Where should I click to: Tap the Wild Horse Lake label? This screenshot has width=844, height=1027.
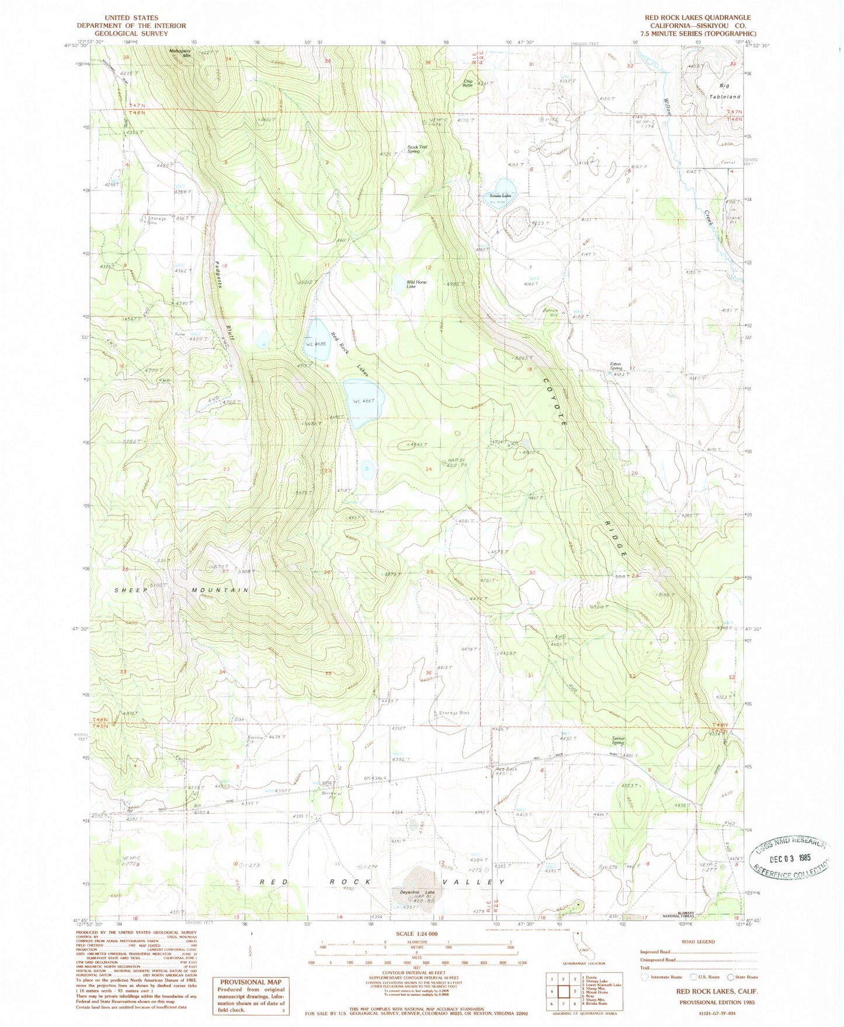(416, 284)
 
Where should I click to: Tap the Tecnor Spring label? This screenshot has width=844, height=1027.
(618, 739)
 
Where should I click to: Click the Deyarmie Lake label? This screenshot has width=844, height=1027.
(422, 892)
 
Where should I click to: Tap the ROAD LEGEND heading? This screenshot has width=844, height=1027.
(698, 942)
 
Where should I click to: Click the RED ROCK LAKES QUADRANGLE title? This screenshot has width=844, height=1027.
(697, 18)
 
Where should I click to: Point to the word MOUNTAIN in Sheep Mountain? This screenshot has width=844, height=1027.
(220, 590)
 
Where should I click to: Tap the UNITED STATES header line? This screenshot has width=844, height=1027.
(131, 18)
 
